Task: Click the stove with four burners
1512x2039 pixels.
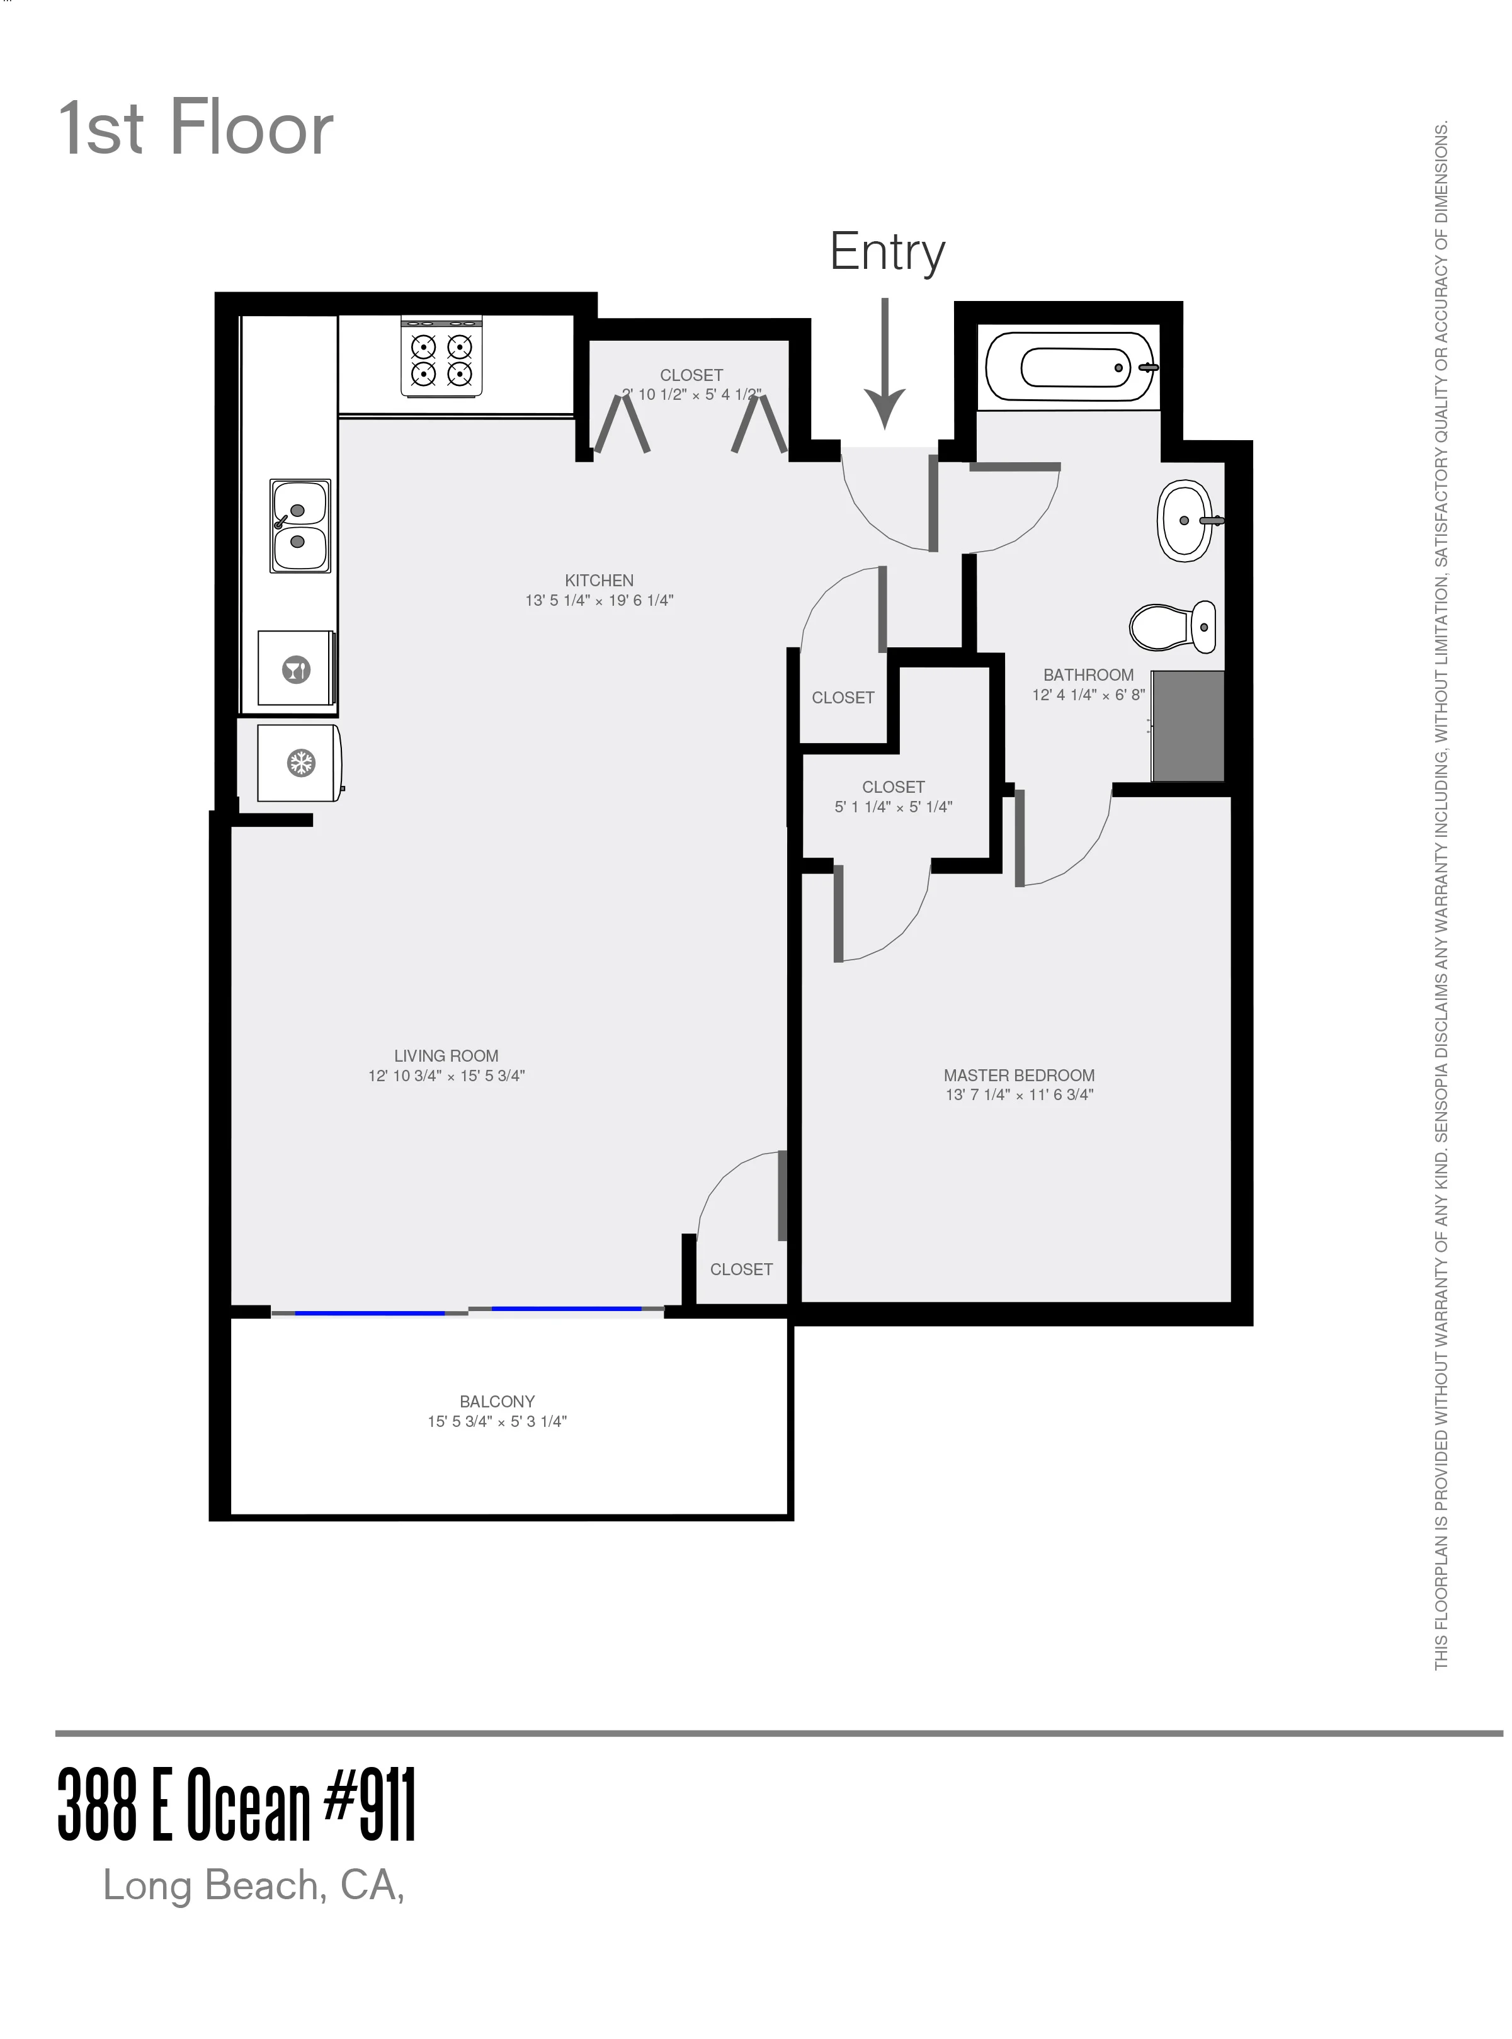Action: pyautogui.click(x=441, y=358)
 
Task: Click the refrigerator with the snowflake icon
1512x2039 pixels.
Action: pyautogui.click(x=300, y=763)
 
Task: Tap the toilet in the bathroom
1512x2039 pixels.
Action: pyautogui.click(x=1173, y=627)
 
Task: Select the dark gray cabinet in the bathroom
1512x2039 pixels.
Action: pyautogui.click(x=1188, y=725)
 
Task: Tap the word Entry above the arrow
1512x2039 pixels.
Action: pyautogui.click(x=886, y=252)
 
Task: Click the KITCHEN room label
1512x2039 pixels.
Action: pyautogui.click(x=599, y=580)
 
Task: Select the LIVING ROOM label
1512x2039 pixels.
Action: pyautogui.click(x=446, y=1055)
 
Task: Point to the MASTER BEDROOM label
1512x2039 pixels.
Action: pyautogui.click(x=1019, y=1076)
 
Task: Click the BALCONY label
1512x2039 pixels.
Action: pyautogui.click(x=497, y=1401)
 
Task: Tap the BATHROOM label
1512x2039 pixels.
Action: pyautogui.click(x=1088, y=674)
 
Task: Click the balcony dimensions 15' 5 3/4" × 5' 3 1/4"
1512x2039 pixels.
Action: pyautogui.click(x=497, y=1421)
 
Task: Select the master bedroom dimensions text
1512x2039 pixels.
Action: pyautogui.click(x=1019, y=1094)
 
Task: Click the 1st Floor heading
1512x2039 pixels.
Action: pyautogui.click(x=196, y=128)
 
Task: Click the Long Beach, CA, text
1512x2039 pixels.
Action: pyautogui.click(x=254, y=1885)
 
